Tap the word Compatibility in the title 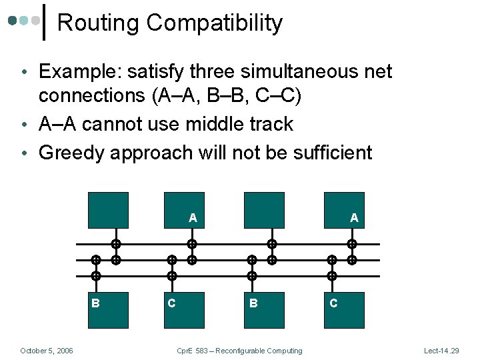coord(215,23)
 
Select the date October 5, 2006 coord(47,351)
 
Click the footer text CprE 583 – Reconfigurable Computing coord(239,351)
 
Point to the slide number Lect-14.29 coord(441,351)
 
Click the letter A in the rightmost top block coord(354,217)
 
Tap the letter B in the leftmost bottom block coord(95,303)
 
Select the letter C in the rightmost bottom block coord(333,303)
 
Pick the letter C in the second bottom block coord(171,303)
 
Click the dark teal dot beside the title coord(13,21)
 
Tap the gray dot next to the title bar coord(35,21)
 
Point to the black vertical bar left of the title coord(45,22)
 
